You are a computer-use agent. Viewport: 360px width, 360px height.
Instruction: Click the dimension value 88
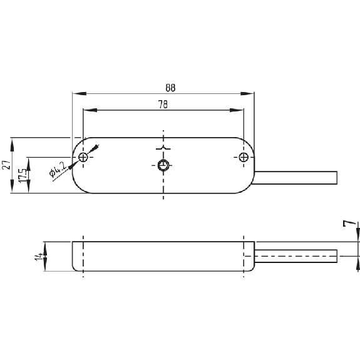click(x=170, y=88)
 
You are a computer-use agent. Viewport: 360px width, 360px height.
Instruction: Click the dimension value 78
click(x=163, y=105)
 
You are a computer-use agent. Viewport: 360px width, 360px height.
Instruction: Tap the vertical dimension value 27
click(x=6, y=165)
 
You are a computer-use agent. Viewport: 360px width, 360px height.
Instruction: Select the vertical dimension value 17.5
click(x=23, y=176)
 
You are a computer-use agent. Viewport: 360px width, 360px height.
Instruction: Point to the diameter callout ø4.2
click(x=58, y=169)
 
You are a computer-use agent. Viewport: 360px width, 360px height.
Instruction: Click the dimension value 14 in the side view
click(x=39, y=257)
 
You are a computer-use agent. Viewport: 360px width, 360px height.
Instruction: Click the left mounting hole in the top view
click(x=83, y=157)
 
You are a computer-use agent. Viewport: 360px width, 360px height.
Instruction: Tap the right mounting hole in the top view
click(x=244, y=157)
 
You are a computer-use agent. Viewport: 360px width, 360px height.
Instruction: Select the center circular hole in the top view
click(x=163, y=165)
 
